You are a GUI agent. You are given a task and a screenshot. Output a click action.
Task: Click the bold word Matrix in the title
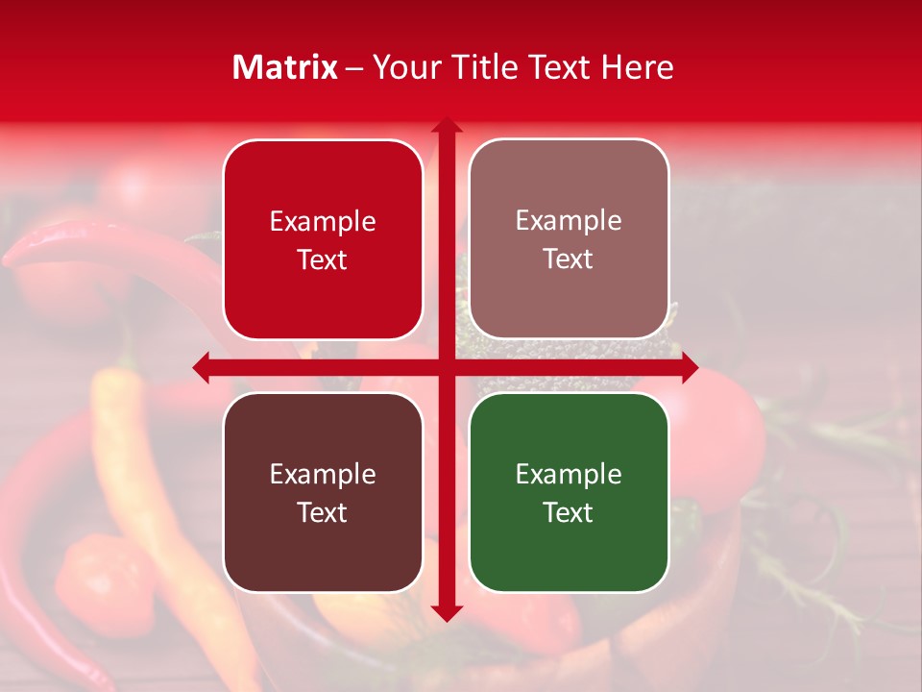(x=284, y=67)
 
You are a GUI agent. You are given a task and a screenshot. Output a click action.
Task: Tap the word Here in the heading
(x=637, y=67)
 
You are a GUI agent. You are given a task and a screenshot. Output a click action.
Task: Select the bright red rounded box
(x=323, y=240)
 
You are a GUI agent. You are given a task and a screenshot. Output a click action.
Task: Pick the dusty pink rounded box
(x=569, y=240)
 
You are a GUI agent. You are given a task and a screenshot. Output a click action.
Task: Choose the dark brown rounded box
(x=323, y=492)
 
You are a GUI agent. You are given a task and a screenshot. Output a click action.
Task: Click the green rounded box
(x=569, y=492)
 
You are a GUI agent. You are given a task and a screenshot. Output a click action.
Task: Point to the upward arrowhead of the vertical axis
(x=446, y=125)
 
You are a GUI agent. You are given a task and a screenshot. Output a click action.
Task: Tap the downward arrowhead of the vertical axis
(x=446, y=613)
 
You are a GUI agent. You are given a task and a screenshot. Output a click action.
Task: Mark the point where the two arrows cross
(x=446, y=367)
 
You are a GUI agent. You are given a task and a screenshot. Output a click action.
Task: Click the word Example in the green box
(x=569, y=474)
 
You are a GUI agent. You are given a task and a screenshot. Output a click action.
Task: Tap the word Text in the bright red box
(x=323, y=259)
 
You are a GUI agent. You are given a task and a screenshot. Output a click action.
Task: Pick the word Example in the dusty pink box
(x=569, y=221)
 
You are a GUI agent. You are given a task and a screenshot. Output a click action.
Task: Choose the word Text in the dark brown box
(x=323, y=512)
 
